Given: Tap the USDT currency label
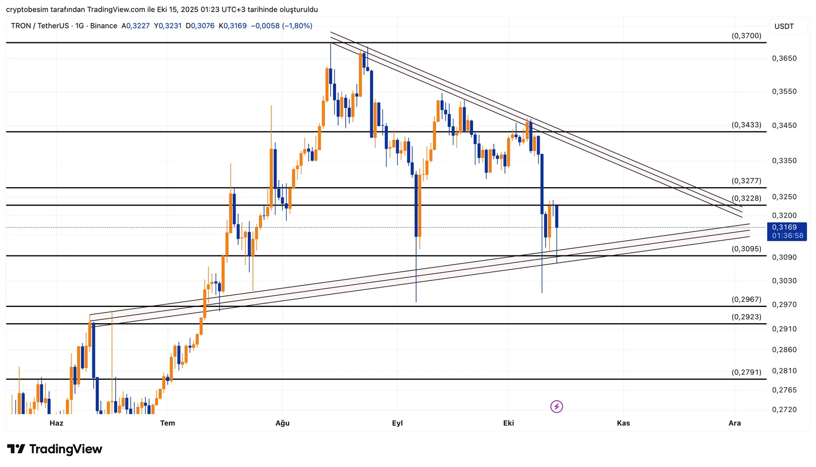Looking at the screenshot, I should [784, 27].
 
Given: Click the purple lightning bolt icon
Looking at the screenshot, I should [556, 406].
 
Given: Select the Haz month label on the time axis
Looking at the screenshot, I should [56, 423].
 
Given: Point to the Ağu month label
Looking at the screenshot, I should [283, 423].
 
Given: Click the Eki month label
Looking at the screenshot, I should [508, 423].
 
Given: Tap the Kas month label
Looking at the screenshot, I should [623, 423].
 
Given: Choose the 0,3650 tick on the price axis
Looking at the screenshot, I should [784, 59].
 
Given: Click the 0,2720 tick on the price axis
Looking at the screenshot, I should [784, 409].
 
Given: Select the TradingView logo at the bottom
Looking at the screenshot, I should [55, 449].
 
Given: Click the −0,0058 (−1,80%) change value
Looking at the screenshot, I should [282, 26].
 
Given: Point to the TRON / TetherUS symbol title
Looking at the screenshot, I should [40, 26].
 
